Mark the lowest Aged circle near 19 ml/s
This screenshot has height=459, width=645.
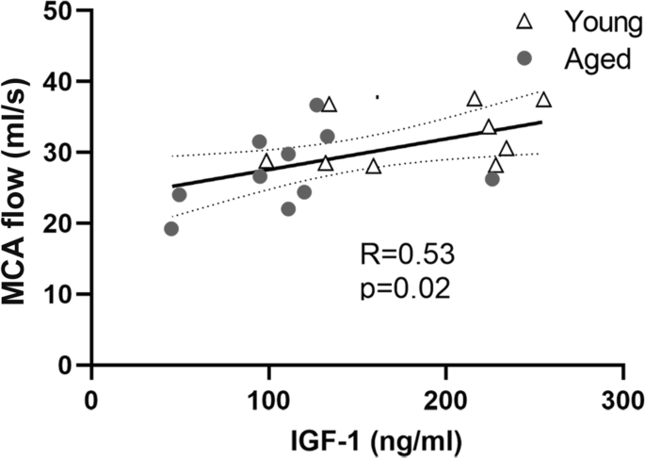pos(171,228)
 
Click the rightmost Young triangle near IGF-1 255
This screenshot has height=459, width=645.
pos(543,100)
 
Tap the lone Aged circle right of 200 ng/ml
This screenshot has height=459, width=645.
pos(492,179)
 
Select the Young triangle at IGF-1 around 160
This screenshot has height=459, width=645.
pos(374,167)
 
